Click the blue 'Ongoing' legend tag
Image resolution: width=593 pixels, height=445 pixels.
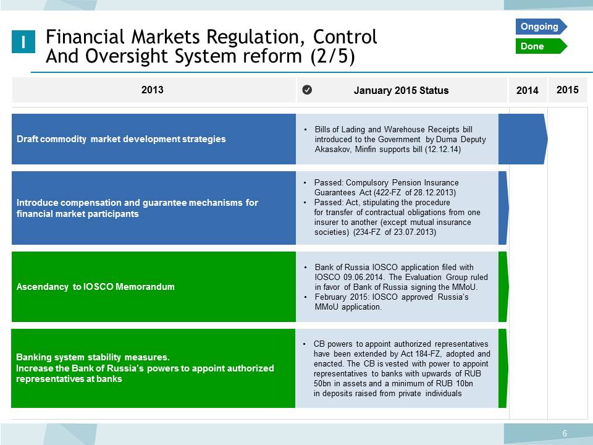click(541, 27)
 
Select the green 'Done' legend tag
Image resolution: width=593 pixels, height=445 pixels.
click(541, 46)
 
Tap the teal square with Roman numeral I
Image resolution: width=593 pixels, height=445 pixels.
click(23, 41)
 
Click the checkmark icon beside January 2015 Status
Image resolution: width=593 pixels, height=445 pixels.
click(307, 90)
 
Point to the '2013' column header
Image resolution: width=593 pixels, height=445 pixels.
click(153, 90)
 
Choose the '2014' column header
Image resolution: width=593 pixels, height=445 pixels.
click(527, 90)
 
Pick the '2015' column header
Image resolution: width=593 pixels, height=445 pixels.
click(567, 90)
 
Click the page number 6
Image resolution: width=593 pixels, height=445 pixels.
click(565, 433)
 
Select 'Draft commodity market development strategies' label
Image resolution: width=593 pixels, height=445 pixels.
click(121, 139)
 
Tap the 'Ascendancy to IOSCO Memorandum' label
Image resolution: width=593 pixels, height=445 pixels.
click(96, 286)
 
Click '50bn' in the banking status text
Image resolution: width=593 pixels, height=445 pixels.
click(322, 383)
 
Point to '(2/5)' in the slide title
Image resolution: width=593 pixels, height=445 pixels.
click(332, 57)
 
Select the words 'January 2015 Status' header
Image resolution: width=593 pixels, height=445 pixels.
click(402, 90)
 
